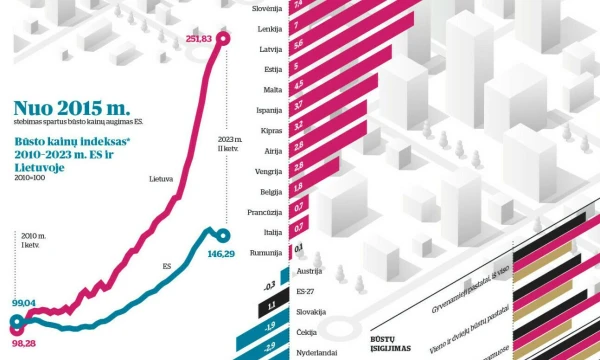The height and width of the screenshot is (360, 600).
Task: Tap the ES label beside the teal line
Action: (167, 267)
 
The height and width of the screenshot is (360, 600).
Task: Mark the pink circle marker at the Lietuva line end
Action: (223, 38)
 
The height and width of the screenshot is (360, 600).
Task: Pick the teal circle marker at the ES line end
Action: (222, 236)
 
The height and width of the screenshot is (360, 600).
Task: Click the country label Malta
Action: (273, 89)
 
